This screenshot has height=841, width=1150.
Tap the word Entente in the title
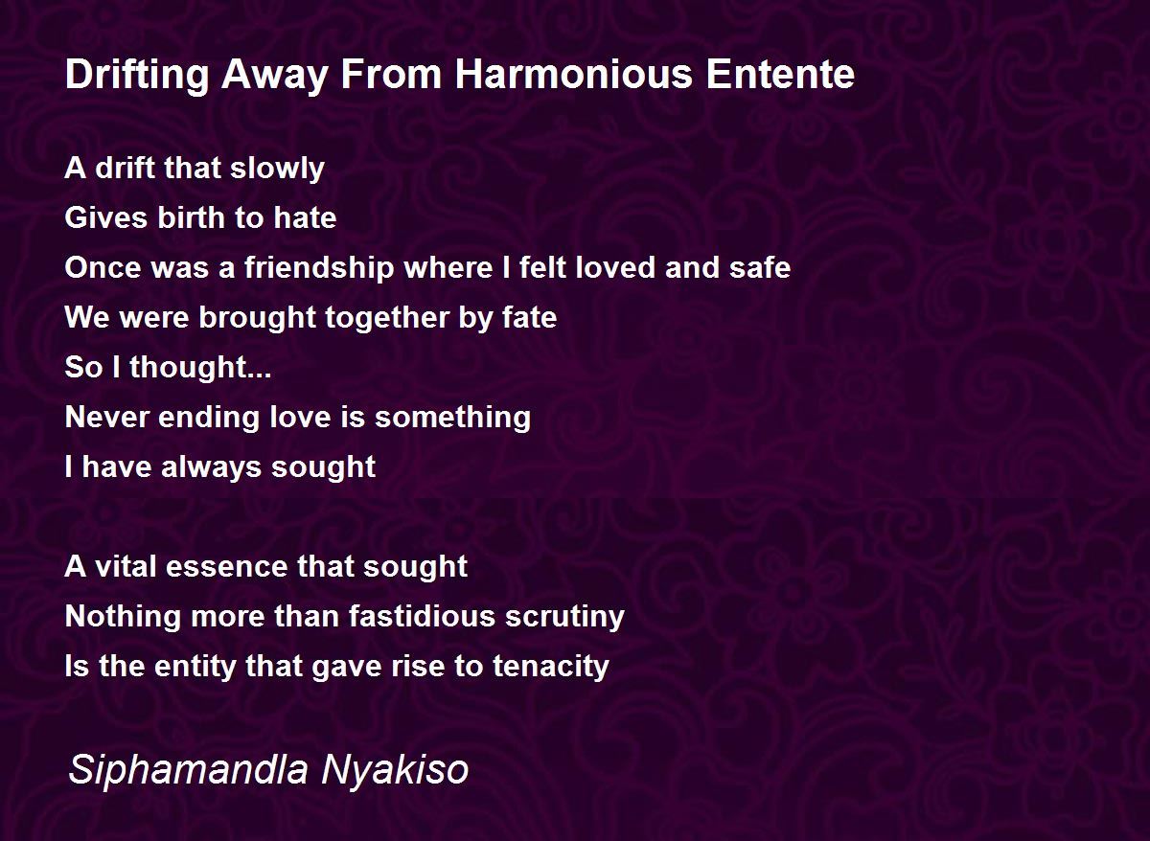tap(780, 75)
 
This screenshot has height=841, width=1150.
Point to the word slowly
tap(277, 169)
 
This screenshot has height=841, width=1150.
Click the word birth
tap(191, 217)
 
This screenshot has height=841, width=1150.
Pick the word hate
tap(305, 217)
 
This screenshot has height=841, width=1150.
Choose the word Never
tap(107, 417)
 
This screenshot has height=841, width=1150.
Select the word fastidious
tap(422, 616)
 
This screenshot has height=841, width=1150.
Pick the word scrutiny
tap(564, 617)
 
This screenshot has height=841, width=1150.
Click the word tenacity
tap(551, 667)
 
